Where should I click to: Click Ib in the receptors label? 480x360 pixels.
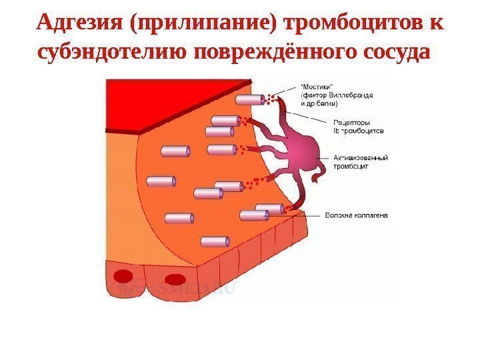point(336,131)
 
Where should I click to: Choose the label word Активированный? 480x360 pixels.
point(357,158)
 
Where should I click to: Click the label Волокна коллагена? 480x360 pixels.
point(357,215)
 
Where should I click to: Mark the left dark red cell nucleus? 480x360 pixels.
point(124,276)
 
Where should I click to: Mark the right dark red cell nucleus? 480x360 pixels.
point(174,279)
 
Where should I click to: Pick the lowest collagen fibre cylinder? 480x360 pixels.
point(214,241)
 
